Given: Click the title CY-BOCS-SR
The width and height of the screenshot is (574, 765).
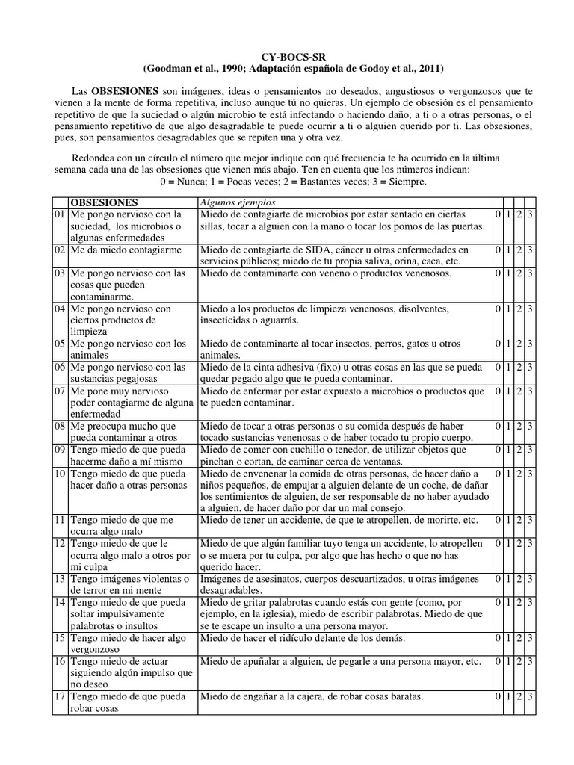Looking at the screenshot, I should coord(286,55).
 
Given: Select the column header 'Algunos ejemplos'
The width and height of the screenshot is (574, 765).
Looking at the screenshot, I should coord(237,202).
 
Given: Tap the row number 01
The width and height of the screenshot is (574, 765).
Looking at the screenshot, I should coord(60,215).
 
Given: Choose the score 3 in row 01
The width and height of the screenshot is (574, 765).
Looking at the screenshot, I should coord(529,215).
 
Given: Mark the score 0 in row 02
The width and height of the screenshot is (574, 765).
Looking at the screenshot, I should coord(499,250).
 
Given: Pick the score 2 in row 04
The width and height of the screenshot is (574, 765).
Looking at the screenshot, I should coord(519,308).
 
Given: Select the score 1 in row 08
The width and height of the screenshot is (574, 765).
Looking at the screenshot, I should coord(509,425).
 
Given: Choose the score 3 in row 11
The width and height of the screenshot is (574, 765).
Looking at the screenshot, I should coord(529,519).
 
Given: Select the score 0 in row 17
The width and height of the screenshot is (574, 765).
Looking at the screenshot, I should coord(499,696).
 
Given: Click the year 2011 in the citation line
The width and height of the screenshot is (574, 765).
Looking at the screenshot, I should coord(428,69).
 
